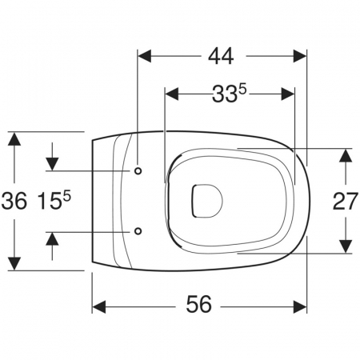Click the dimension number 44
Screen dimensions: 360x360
[x=221, y=56]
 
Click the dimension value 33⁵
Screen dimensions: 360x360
[x=229, y=94]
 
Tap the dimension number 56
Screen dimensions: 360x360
[x=198, y=304]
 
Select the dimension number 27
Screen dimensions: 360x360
[x=345, y=202]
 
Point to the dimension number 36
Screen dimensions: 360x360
[x=14, y=201]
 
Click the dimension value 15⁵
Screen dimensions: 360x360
[x=54, y=201]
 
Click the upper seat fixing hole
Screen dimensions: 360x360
[x=138, y=171]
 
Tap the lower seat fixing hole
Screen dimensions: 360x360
[x=138, y=231]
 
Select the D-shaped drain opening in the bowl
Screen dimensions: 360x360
[x=207, y=201]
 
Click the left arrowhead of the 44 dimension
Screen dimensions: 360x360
[x=145, y=56]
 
